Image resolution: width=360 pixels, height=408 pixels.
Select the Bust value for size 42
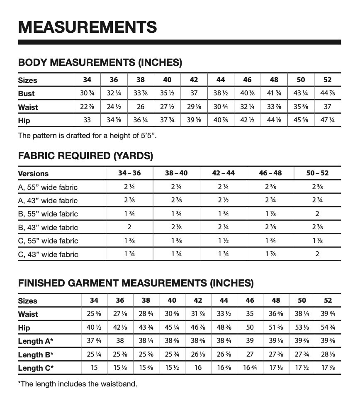pos(194,94)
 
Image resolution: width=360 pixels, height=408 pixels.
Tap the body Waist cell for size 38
pos(141,107)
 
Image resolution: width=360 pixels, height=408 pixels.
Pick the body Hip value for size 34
pos(87,121)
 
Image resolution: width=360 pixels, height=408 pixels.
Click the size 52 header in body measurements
pos(327,80)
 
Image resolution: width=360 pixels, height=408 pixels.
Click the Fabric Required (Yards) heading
pos(86,156)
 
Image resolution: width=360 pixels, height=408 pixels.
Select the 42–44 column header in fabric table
pos(223,173)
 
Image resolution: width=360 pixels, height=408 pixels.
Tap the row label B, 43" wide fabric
pos(48,227)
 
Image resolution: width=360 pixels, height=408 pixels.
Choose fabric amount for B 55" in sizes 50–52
pos(317,214)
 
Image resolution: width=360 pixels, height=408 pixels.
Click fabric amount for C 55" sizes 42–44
pos(223,241)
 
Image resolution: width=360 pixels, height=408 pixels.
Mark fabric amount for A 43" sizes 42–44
pos(223,200)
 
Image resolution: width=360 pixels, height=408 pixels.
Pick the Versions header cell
pos(33,174)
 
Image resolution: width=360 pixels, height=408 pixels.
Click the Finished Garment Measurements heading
pos(136,284)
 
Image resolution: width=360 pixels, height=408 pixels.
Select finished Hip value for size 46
pos(250,328)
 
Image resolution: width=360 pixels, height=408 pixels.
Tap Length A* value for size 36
pos(120,341)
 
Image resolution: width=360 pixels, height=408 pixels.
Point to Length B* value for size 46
pos(250,355)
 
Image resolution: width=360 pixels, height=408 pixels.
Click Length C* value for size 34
pos(94,368)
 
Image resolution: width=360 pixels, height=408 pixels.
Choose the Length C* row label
pos(36,368)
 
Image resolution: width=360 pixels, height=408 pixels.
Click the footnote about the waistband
pos(78,384)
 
